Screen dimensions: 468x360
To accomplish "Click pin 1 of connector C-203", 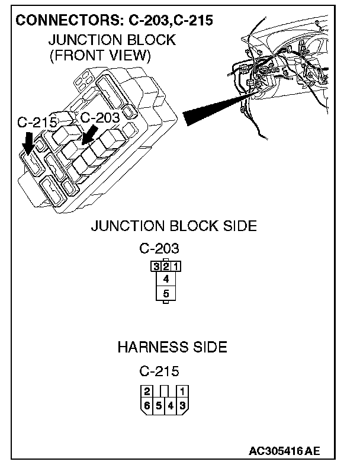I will (176, 266).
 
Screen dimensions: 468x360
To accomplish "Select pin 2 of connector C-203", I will (166, 266).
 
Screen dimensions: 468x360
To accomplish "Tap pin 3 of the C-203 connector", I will (157, 266).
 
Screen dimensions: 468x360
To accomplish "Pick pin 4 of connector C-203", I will (166, 278).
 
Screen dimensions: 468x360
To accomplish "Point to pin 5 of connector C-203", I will (166, 293).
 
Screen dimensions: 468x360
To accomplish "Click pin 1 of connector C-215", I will (184, 391).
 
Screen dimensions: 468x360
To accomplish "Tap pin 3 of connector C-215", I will (184, 406).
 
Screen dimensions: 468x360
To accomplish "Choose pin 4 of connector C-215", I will (171, 406).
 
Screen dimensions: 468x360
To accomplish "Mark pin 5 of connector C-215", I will (159, 406).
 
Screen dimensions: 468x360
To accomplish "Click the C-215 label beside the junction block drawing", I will (37, 123).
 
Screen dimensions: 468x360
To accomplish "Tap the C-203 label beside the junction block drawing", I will (99, 117).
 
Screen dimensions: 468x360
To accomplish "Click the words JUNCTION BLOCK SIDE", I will (173, 226).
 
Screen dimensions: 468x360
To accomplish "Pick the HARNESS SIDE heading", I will (172, 347).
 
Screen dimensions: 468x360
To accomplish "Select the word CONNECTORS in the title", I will (67, 20).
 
